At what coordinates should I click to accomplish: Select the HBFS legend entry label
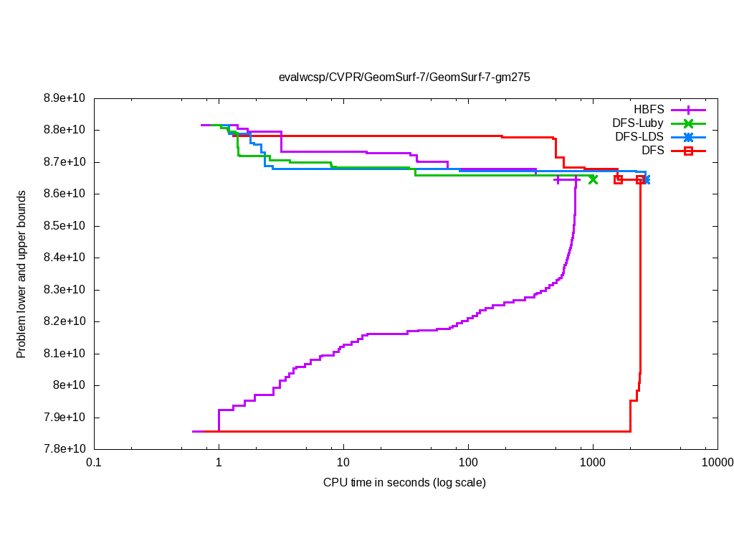coord(649,110)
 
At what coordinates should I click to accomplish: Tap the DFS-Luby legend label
coord(637,123)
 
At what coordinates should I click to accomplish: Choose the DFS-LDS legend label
coord(639,137)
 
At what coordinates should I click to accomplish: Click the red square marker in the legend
coord(688,151)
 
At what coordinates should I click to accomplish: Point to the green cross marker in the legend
coord(688,123)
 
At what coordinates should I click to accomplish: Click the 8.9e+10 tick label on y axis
coord(66,98)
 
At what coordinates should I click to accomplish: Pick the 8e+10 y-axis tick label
coord(72,386)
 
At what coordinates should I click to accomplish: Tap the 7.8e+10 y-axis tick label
coord(66,450)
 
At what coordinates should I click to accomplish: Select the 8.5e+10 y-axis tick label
coord(66,226)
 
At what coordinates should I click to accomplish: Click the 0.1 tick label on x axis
coord(93,463)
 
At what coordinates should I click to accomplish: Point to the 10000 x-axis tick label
coord(718,463)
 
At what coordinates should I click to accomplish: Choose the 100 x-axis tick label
coord(468,463)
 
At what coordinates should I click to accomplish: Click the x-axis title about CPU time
coord(404,483)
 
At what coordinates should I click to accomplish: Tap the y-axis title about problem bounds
coord(22,274)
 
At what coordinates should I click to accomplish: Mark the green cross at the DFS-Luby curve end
coord(593,179)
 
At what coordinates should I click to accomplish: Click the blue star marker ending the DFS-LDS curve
coord(647,179)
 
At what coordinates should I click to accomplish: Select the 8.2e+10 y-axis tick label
coord(66,322)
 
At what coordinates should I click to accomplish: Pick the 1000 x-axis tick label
coord(593,463)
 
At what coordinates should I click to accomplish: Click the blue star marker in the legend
coord(688,137)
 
